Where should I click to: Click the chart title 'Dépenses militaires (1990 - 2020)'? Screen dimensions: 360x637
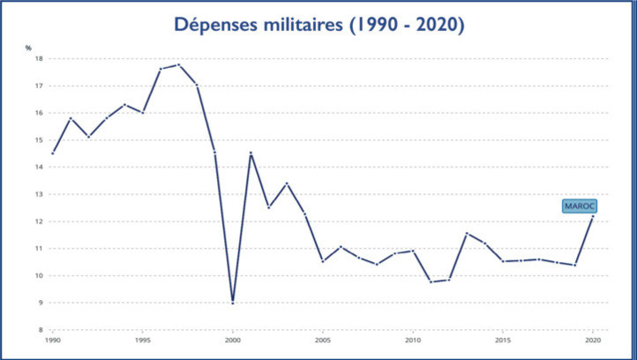coord(318,26)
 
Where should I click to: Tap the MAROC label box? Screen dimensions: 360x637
coord(580,206)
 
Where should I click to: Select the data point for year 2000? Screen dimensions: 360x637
coord(232,303)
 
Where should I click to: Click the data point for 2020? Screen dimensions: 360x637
coord(593,216)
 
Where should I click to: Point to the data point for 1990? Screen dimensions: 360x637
coord(52,154)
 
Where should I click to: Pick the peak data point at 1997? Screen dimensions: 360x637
coord(178,64)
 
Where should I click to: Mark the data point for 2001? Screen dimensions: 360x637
coord(251,153)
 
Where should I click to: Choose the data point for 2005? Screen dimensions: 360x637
coord(322,261)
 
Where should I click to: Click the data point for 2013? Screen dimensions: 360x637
coord(467,233)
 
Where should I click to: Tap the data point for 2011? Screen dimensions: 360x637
coord(431,281)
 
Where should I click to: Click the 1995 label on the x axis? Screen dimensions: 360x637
coord(142,340)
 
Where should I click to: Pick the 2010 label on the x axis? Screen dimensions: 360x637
coord(413,340)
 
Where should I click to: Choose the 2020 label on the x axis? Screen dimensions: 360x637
coord(593,340)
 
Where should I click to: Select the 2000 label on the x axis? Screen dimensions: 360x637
coord(232,340)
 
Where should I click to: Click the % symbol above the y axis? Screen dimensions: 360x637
coord(27,47)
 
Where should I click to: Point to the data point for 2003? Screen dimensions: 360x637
coord(286,183)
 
